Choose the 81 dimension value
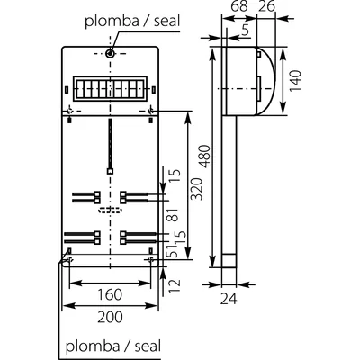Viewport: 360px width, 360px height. [x=174, y=216]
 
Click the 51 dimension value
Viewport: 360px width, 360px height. [x=174, y=255]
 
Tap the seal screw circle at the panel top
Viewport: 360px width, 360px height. [x=110, y=54]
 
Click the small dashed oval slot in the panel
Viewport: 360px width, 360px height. [x=110, y=211]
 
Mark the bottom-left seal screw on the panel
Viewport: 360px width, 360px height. [x=65, y=260]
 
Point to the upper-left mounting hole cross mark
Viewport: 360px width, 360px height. [x=70, y=112]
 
